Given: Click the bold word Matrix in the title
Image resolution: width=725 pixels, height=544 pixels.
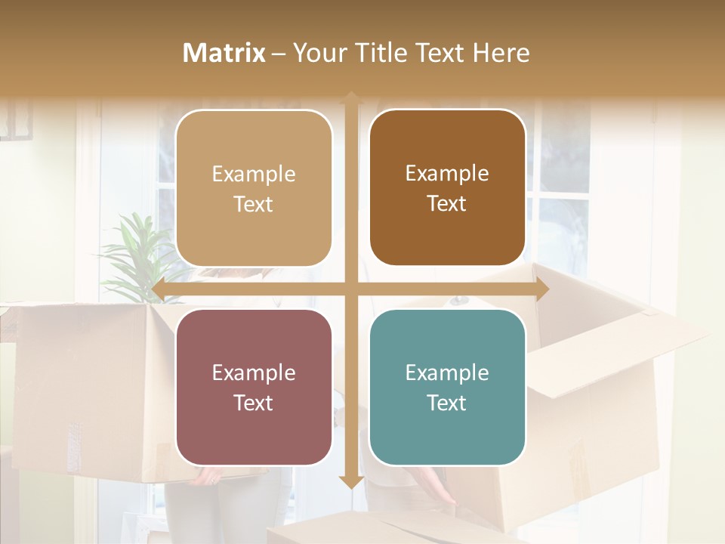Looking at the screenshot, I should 224,53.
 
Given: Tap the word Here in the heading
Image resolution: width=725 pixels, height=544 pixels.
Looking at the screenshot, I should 501,53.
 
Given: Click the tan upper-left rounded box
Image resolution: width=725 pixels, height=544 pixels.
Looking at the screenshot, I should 254,189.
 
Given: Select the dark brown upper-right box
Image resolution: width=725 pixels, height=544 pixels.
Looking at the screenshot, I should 447,188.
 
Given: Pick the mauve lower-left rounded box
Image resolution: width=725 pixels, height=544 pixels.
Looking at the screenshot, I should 254,388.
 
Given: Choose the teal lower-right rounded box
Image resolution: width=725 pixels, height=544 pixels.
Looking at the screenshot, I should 447,388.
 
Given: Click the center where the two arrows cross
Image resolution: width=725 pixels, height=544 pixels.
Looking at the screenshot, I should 350,289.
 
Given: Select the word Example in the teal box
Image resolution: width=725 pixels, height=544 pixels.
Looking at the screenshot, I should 447,372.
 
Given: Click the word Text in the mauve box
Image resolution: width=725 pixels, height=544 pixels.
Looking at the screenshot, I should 254,403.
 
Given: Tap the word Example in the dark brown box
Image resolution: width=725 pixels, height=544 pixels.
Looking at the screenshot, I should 447,173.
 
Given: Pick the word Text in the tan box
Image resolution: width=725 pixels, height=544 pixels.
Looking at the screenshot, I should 254,204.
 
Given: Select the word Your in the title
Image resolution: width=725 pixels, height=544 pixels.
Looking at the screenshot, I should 317,53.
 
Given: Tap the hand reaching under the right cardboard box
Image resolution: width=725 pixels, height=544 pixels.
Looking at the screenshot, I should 438,487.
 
